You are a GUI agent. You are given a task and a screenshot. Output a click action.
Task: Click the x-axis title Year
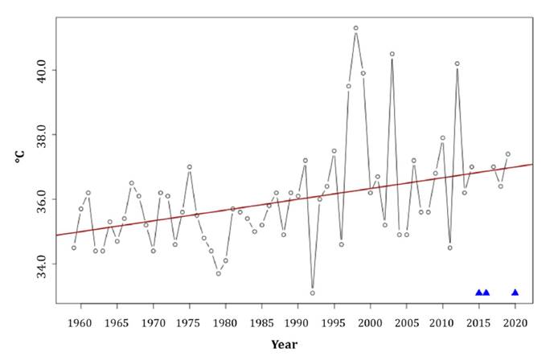pyautogui.click(x=284, y=345)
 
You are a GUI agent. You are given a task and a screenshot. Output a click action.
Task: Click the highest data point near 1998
pyautogui.click(x=355, y=28)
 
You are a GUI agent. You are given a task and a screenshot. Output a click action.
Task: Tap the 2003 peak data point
pyautogui.click(x=392, y=54)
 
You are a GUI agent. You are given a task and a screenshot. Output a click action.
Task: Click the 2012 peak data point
pyautogui.click(x=457, y=63)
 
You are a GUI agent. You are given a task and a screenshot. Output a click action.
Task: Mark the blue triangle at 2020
pyautogui.click(x=515, y=292)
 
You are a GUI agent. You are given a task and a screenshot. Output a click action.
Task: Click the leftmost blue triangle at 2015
pyautogui.click(x=478, y=292)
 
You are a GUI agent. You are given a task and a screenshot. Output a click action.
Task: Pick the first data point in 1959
pyautogui.click(x=73, y=247)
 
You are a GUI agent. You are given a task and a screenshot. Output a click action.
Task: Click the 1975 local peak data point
pyautogui.click(x=189, y=167)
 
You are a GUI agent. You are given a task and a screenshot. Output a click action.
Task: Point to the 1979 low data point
pyautogui.click(x=218, y=273)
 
